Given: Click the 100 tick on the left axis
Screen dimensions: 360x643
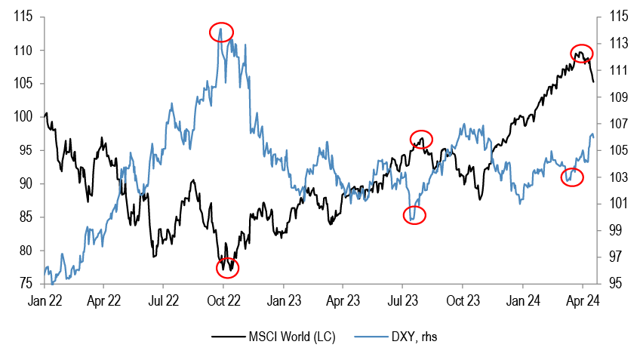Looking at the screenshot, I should coord(23,117).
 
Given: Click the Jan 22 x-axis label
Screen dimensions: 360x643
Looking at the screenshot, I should coord(45,300).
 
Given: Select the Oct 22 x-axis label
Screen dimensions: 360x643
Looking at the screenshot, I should coord(223,300).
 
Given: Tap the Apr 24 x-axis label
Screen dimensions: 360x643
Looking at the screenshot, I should coord(583,300).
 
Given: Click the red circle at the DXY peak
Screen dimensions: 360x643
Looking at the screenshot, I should coord(221,32).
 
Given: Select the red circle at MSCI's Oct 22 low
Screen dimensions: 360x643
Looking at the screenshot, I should coord(227,267).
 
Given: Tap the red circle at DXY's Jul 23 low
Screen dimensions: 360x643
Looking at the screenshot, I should coord(414,215).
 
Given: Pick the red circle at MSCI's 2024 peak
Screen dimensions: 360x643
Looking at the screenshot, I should coord(581,54).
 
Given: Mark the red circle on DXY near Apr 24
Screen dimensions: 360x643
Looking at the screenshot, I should coord(573,177).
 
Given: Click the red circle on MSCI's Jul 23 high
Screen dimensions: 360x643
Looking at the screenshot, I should coord(422,139).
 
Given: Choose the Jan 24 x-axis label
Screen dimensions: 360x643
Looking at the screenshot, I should coord(523,300).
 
